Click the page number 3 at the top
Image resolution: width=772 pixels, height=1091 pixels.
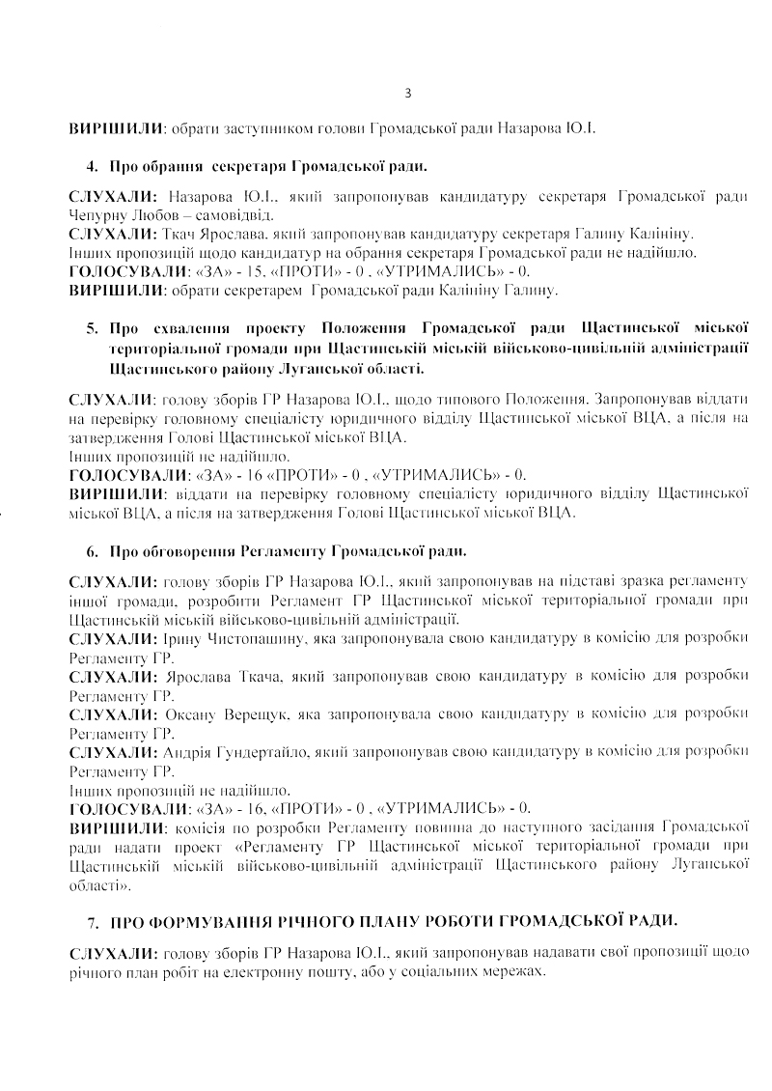tap(408, 94)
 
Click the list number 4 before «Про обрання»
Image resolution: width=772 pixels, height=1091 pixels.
tap(91, 166)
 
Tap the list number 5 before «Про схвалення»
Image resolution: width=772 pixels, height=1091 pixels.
tap(91, 327)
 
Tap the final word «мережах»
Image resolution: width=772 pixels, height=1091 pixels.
tap(513, 972)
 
